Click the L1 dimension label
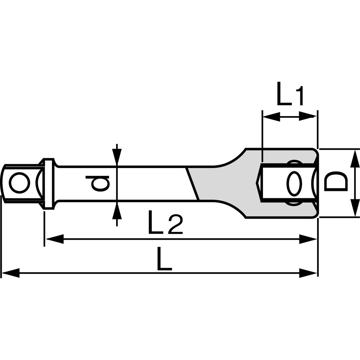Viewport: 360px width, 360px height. [x=290, y=94]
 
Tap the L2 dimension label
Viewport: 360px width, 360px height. [x=166, y=222]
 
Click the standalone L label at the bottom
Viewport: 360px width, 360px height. [x=165, y=258]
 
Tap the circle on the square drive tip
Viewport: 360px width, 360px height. [x=20, y=183]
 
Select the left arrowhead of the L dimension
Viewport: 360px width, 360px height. [x=11, y=273]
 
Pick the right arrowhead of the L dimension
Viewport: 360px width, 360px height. [x=308, y=273]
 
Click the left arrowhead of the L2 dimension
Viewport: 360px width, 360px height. [x=54, y=239]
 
